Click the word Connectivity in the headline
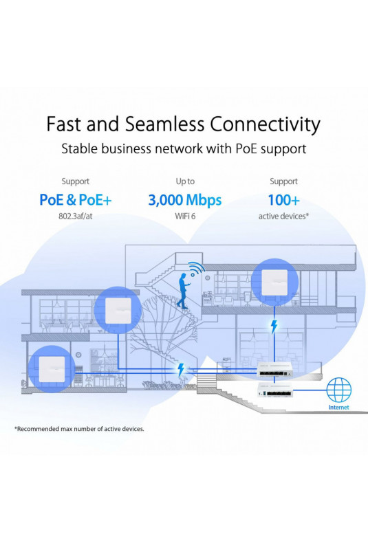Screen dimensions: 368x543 coord(265,124)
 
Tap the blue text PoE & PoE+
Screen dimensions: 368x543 coord(75,200)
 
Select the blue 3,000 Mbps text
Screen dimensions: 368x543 coord(185,200)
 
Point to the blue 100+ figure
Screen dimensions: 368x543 coord(283,200)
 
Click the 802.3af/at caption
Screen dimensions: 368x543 coord(75,217)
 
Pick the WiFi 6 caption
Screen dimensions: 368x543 coord(185,217)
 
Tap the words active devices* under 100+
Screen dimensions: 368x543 coord(283,217)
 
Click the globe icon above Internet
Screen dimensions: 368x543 coord(338,390)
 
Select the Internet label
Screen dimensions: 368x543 coord(338,408)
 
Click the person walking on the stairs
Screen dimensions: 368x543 coord(183,291)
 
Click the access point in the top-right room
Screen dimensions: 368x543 coord(274,282)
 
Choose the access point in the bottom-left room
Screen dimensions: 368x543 coord(52,369)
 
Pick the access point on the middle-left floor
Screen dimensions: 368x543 coord(118,311)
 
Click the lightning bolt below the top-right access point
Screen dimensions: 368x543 coord(274,326)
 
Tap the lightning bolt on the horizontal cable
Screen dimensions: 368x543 coord(181,370)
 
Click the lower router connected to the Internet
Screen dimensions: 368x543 coord(274,390)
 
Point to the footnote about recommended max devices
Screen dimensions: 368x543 coord(79,429)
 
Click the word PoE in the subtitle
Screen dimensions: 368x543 coord(246,149)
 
